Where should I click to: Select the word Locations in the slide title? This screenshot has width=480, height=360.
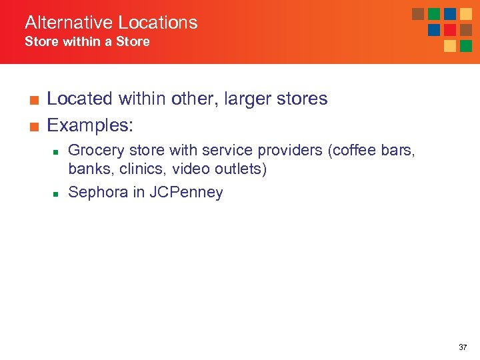coord(159,23)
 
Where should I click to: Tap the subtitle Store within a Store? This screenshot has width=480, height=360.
coord(87,42)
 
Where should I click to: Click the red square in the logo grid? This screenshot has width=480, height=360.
coord(450,30)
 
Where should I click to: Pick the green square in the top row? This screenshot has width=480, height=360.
coord(434,14)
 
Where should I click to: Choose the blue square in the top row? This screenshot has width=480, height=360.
coord(450,14)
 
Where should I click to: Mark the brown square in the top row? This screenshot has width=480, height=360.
coord(418,14)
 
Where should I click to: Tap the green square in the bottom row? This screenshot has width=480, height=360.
coord(466,46)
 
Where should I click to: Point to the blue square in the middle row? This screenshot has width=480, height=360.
coord(434,30)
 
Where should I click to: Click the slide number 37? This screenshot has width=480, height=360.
coord(463,347)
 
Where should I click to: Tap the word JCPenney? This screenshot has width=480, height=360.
coord(186,193)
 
